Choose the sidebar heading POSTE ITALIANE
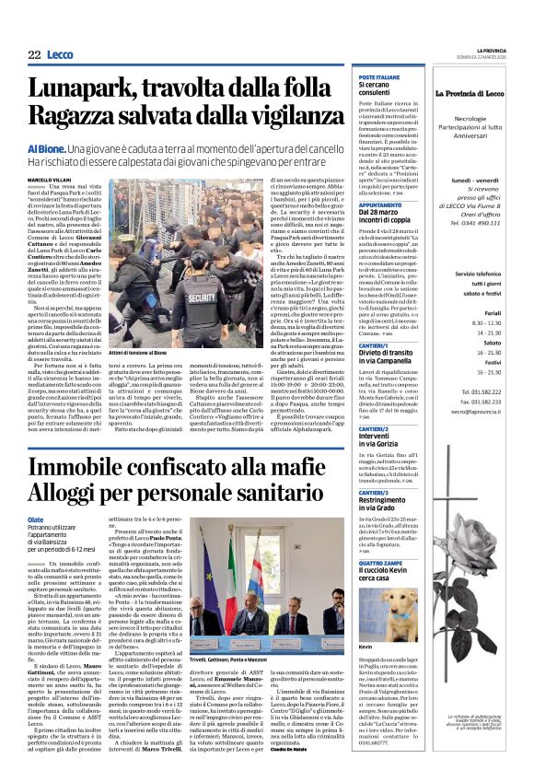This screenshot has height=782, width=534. (379, 77)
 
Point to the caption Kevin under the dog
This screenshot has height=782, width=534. (366, 647)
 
